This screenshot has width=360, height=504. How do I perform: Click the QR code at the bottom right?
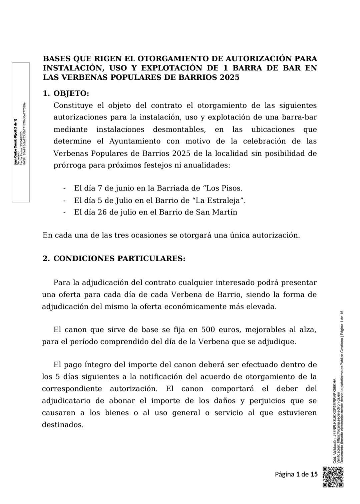333,477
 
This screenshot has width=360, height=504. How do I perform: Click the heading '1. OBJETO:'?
66,93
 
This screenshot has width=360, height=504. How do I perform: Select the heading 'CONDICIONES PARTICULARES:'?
119,259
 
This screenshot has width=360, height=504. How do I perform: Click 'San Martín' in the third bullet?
222,212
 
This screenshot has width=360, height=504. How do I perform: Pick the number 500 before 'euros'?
209,330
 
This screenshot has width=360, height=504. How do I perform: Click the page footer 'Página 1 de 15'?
296,474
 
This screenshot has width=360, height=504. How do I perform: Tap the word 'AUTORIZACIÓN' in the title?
260,59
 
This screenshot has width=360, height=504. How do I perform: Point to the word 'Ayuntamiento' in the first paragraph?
135,141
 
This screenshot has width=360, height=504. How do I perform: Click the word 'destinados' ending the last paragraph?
62,425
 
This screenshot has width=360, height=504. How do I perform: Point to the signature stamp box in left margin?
21,132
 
